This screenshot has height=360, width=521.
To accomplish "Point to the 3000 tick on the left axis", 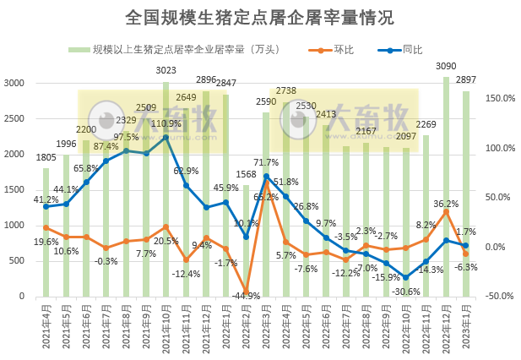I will pos(14,83).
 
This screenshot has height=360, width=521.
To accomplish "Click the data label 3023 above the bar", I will pos(166,70).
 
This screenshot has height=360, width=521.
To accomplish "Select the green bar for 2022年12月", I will pos(446,186).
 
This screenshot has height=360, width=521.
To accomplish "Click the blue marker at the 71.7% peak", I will pos(267,177).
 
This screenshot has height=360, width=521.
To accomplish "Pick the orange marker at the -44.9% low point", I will pos(246,291).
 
